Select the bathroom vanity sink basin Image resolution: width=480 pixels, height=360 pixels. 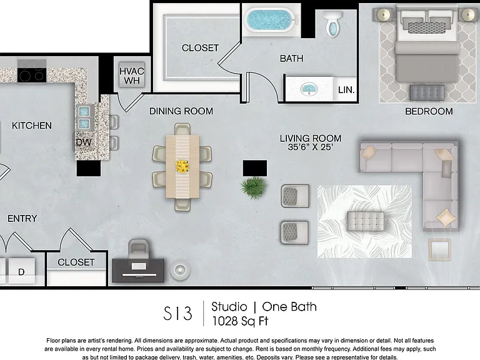(x=309, y=89)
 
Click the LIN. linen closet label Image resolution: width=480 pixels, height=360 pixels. (x=346, y=90)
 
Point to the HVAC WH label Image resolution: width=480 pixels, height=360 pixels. (x=132, y=76)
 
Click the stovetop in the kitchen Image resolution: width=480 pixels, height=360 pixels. (x=32, y=71)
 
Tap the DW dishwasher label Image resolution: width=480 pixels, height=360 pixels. (x=84, y=142)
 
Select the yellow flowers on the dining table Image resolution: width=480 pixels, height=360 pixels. (x=182, y=166)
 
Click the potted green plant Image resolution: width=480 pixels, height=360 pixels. (x=254, y=188)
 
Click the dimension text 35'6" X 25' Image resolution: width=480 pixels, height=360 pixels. (x=310, y=147)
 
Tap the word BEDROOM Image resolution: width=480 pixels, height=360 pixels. (x=429, y=111)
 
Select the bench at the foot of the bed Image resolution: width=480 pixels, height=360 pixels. (x=427, y=92)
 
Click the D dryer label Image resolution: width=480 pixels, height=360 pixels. (x=21, y=272)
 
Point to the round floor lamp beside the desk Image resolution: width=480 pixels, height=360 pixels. (x=180, y=270)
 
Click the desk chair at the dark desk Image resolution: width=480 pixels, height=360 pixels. (x=138, y=249)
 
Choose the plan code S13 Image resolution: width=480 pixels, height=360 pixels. (x=177, y=314)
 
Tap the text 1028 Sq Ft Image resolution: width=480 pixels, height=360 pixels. (x=240, y=321)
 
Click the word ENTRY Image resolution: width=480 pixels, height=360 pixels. (x=22, y=219)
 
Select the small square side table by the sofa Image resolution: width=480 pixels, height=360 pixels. (x=440, y=249)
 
